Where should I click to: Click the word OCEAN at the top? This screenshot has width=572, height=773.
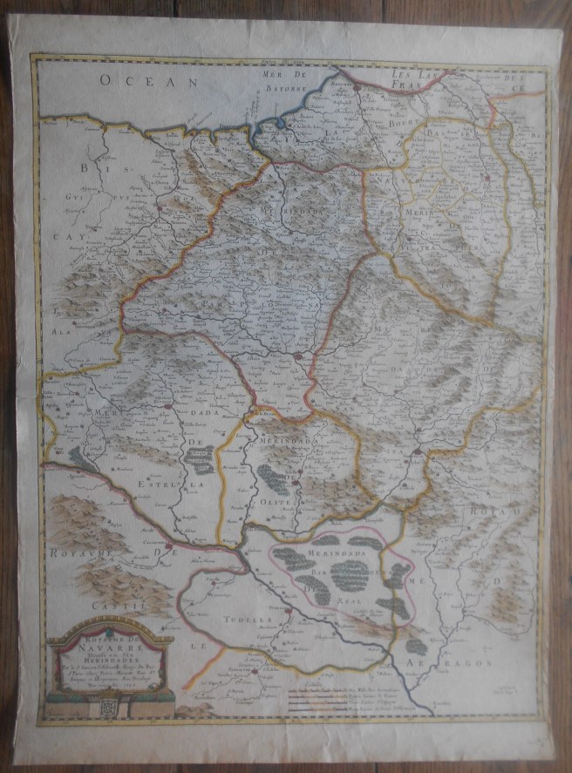click(149, 80)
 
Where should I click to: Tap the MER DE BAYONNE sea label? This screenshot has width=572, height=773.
click(287, 82)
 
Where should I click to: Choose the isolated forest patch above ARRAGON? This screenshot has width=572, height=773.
click(417, 646)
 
